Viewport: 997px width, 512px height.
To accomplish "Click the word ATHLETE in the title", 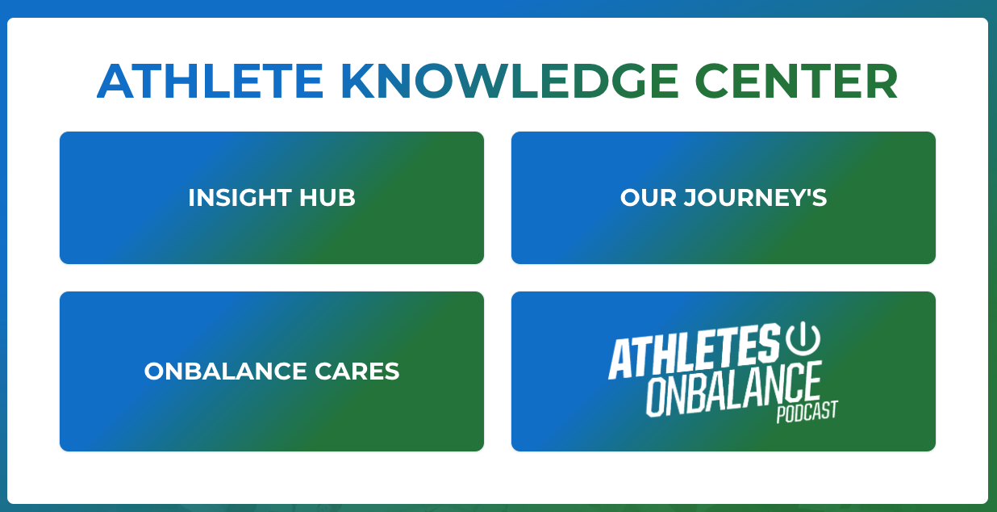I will (210, 82).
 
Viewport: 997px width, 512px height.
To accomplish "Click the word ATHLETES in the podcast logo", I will (694, 354).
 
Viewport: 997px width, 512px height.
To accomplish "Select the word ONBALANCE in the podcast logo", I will (734, 390).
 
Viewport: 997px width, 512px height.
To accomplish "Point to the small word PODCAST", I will (807, 411).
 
